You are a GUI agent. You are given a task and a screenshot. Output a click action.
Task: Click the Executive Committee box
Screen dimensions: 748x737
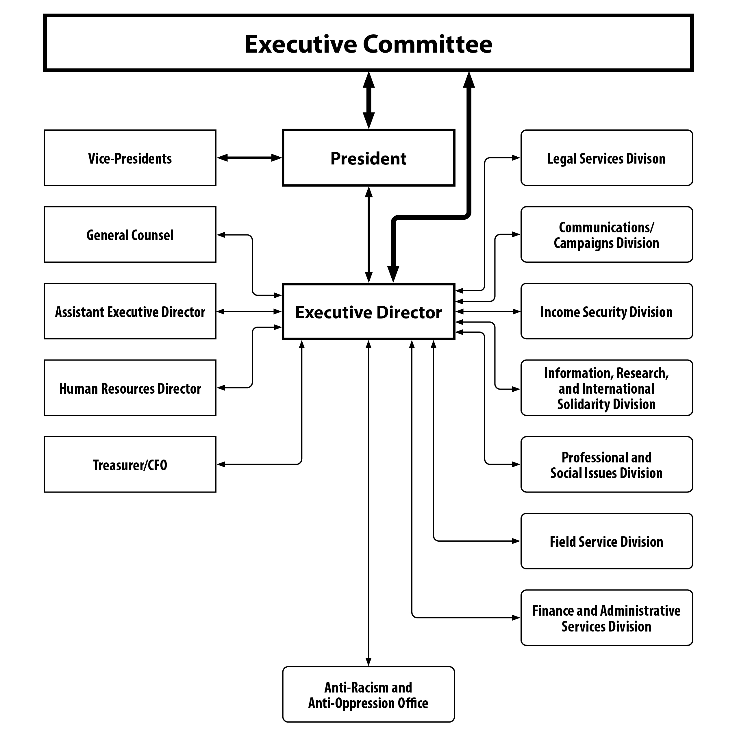coord(368,43)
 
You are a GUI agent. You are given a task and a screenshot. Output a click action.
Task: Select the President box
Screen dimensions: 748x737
coord(368,158)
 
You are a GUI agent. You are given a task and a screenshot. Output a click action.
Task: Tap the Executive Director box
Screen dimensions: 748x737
coord(368,312)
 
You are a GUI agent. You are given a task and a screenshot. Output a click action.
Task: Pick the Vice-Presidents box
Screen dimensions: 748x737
coord(130,158)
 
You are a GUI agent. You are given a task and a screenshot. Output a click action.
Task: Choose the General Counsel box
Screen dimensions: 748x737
coord(130,235)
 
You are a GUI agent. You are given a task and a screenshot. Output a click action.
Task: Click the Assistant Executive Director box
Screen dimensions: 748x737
coord(130,311)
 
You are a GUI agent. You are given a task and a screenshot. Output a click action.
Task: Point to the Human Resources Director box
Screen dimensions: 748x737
coord(130,388)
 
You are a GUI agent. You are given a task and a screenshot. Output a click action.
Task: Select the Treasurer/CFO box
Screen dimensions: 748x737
coord(130,464)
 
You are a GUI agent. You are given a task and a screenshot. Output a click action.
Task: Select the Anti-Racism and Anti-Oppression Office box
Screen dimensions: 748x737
coord(368,695)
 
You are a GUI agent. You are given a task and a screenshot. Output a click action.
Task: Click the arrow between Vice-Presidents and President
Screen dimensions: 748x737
coord(249,158)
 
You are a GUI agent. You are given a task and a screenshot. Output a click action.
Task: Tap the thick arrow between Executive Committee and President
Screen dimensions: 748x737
coord(368,100)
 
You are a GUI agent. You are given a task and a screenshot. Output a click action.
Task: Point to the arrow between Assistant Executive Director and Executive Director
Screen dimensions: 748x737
coord(249,311)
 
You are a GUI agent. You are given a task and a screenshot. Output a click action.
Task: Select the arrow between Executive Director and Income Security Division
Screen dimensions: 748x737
coord(488,311)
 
